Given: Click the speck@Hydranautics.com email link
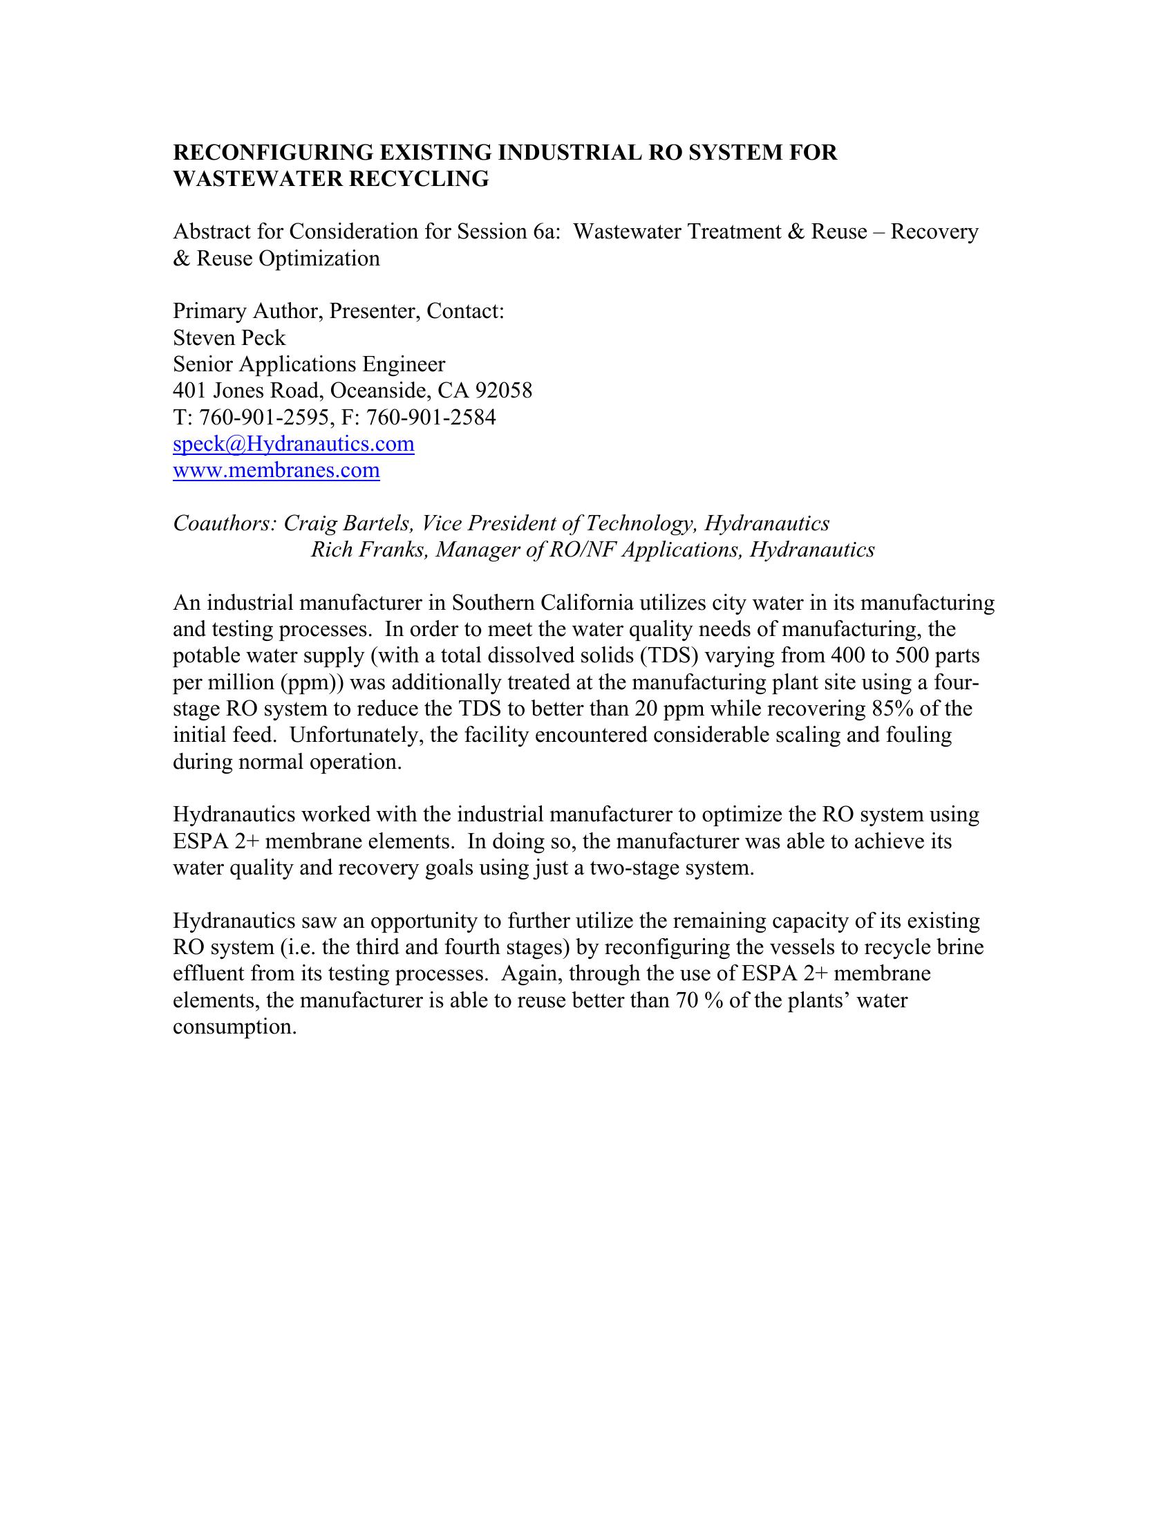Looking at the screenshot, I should tap(293, 444).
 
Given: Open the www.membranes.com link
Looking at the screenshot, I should tap(276, 470).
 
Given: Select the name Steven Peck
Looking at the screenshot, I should tap(229, 338).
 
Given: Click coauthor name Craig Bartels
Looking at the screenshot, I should tap(348, 523).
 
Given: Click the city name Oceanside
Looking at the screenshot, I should tap(379, 391).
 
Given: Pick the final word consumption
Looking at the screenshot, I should tap(234, 1027).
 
